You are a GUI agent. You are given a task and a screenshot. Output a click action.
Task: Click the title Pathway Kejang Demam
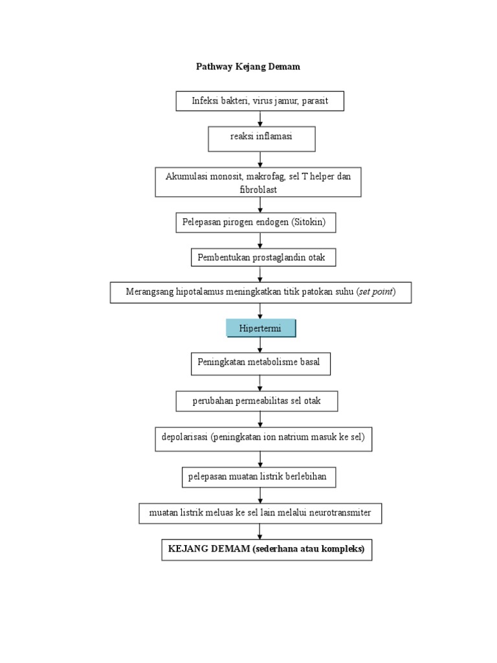pos(248,67)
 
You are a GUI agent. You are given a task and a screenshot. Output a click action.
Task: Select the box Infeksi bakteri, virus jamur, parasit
pos(260,101)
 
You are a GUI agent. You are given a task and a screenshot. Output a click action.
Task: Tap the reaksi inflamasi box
pos(261,137)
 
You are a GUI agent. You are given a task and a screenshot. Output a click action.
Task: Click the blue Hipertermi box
pos(261,328)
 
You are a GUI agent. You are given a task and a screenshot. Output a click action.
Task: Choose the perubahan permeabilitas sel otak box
pos(256,401)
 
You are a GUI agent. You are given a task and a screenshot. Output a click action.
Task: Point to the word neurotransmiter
pos(338,513)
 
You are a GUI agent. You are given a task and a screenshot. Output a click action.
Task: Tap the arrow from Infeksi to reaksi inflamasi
pos(260,118)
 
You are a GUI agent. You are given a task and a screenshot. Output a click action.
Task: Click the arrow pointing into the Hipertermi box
pos(260,311)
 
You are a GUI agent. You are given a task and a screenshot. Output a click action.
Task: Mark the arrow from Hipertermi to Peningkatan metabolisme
pos(260,345)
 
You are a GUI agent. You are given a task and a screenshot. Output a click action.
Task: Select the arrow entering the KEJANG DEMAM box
pos(260,530)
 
